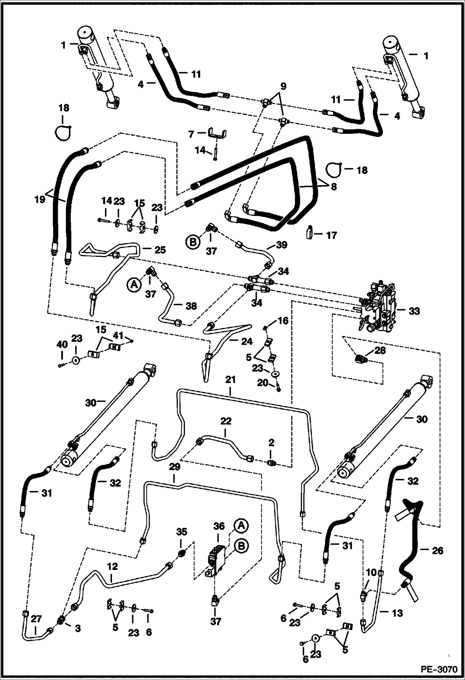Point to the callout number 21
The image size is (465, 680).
click(231, 380)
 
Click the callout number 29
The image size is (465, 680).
click(175, 467)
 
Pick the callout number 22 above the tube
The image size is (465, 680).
click(226, 422)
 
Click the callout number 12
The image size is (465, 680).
click(113, 567)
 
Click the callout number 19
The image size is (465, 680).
click(40, 199)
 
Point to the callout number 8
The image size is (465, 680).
click(334, 188)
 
